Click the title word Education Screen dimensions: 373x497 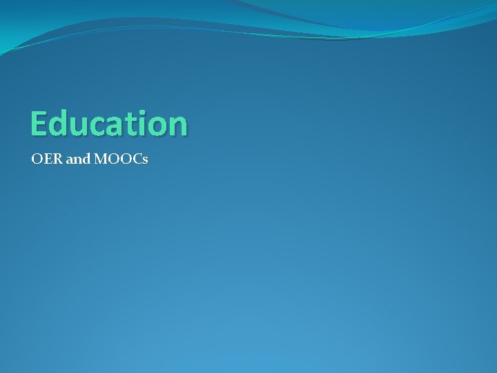108,124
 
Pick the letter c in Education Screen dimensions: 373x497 95,126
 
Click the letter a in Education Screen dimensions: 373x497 112,126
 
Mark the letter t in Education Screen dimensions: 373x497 127,124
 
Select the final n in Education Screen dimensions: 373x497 175,126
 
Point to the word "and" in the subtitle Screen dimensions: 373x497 78,160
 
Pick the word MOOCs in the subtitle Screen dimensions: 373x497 121,160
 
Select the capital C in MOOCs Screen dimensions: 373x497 135,160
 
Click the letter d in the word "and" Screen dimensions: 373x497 86,160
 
